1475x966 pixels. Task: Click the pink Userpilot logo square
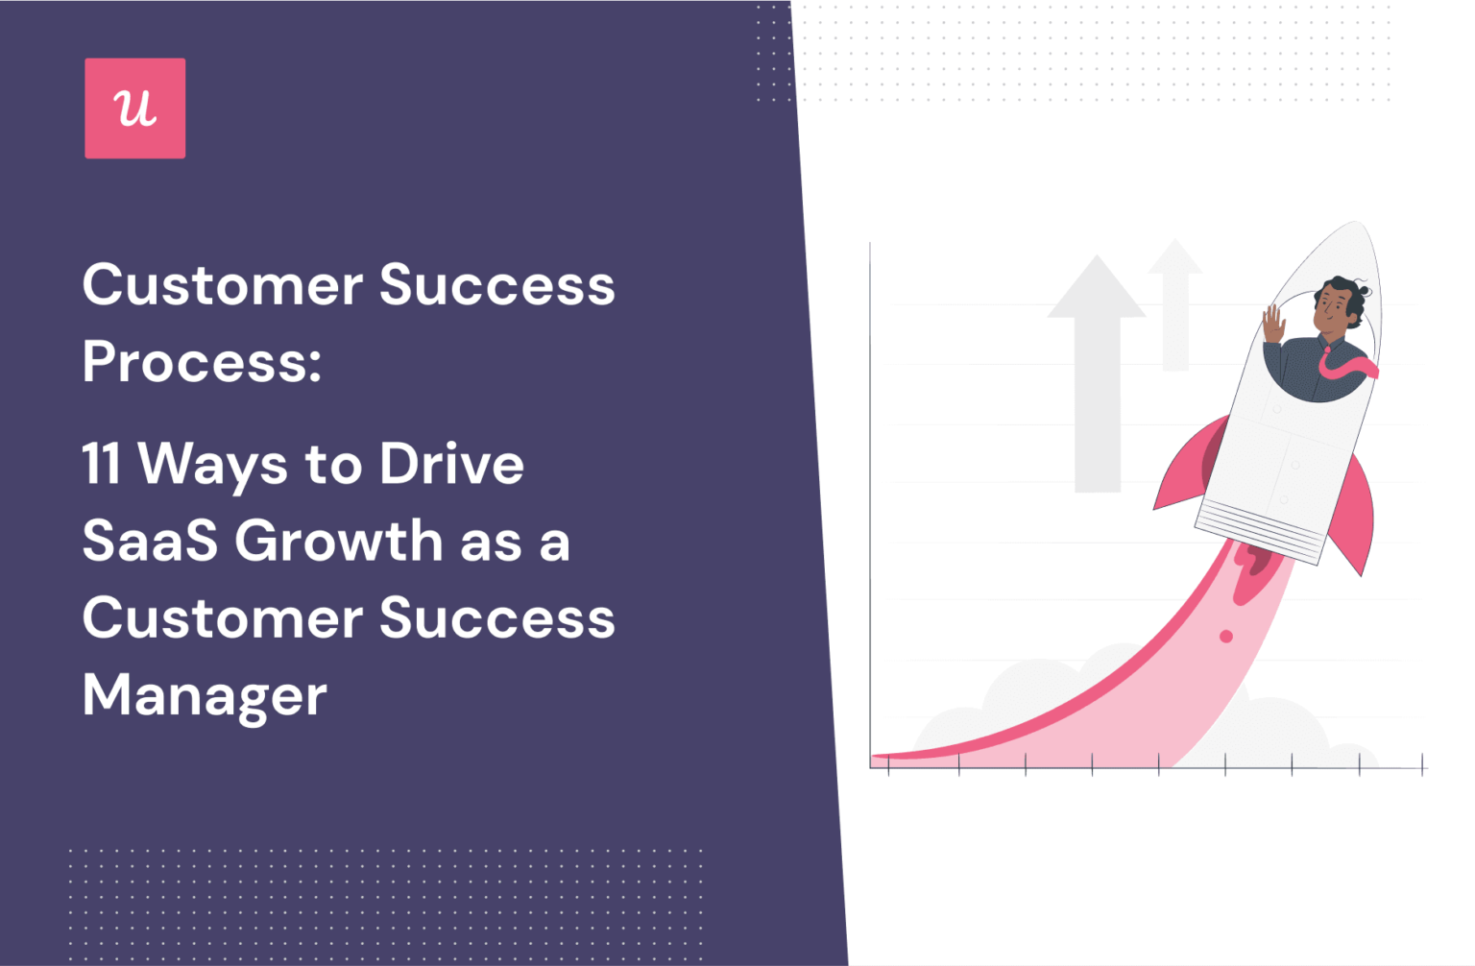point(134,109)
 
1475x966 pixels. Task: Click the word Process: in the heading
point(202,362)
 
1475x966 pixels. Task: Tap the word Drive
point(451,464)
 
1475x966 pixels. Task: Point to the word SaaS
point(150,541)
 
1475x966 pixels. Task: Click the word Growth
point(338,541)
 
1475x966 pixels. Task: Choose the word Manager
point(205,695)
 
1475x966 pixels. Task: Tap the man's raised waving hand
point(1273,325)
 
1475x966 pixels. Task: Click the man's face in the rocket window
point(1333,309)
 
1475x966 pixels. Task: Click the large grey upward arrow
point(1097,374)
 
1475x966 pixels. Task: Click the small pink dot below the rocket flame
point(1226,637)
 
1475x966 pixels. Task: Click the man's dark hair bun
point(1362,289)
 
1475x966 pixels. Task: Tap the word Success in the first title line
point(496,285)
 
